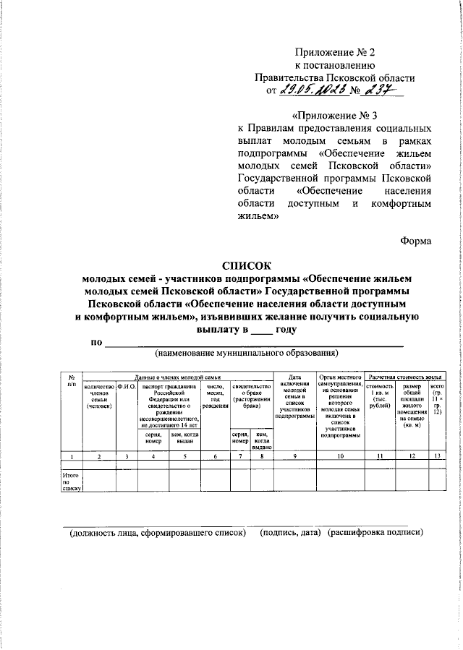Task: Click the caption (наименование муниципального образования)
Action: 246,354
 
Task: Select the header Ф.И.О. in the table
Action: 127,389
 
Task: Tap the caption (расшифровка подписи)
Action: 375,534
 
